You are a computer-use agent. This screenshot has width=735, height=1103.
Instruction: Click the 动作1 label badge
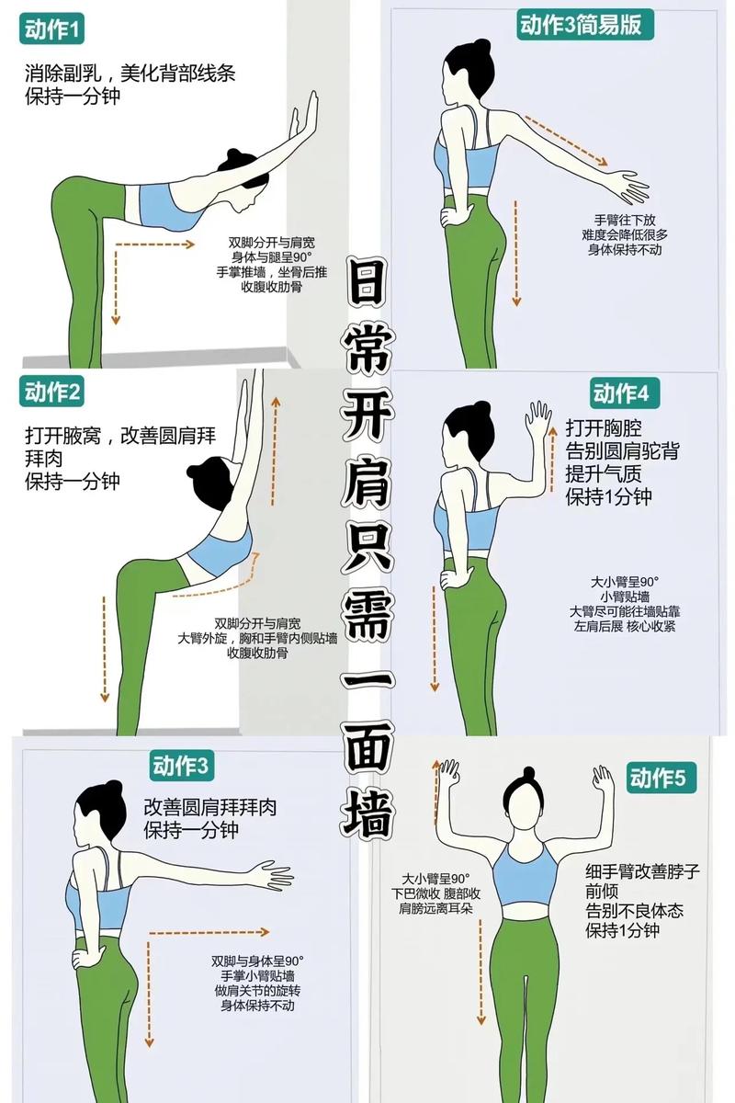point(52,31)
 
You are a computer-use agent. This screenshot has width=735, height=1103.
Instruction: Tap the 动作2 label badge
point(52,393)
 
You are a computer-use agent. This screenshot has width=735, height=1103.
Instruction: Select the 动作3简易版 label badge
point(586,25)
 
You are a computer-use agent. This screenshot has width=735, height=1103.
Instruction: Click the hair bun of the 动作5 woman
point(526,774)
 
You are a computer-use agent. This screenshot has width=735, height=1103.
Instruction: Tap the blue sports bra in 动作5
point(524,874)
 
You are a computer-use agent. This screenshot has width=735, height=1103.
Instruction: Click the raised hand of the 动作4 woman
point(537,422)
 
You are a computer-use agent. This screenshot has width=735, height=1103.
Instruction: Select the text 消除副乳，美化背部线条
point(130,74)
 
